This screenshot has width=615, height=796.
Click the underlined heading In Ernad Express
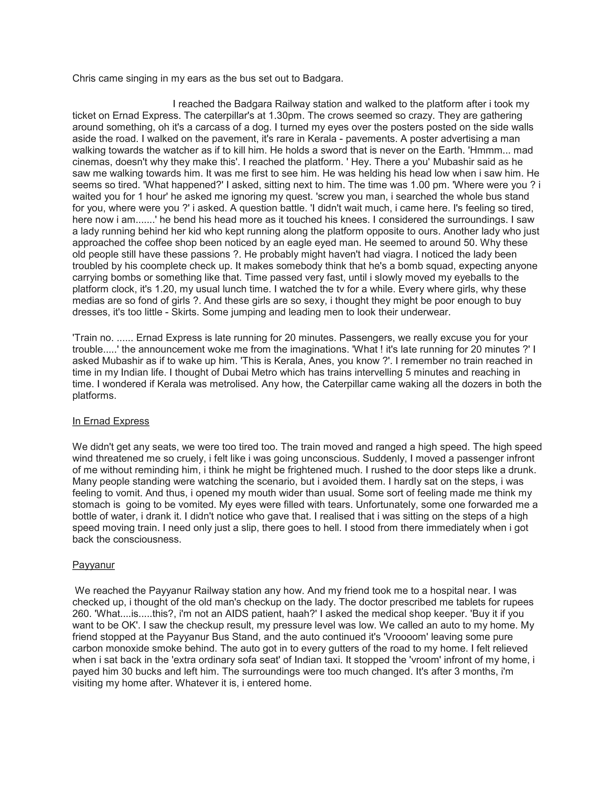[x=111, y=421]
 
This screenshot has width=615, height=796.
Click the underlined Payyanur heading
[x=94, y=565]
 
